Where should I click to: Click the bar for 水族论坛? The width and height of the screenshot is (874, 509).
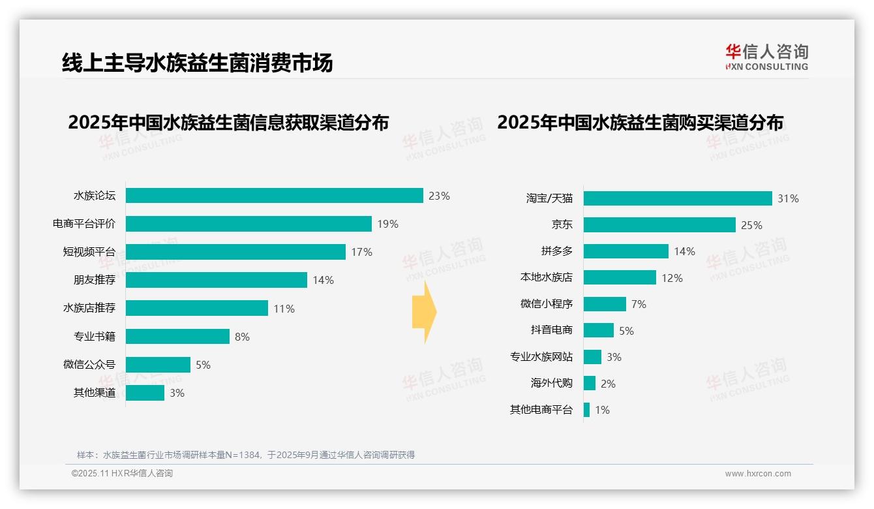click(274, 196)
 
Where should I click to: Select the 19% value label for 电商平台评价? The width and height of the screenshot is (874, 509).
click(387, 224)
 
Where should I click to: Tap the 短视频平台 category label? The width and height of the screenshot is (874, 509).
click(89, 252)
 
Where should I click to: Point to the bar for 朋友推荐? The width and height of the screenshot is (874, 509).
click(216, 280)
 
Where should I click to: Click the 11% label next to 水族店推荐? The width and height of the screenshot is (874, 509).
click(284, 309)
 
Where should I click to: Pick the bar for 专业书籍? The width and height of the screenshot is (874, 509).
click(177, 337)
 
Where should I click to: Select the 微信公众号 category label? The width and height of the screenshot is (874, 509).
click(89, 365)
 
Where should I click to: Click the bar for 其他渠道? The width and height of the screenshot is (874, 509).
click(145, 393)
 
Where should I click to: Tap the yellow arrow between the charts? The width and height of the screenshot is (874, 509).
click(424, 312)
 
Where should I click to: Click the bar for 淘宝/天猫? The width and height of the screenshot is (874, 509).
click(678, 198)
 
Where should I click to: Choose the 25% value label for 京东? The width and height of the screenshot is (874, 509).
click(751, 225)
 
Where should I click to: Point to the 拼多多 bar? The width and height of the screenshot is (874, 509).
click(626, 251)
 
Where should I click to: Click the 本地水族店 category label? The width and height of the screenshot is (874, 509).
click(546, 277)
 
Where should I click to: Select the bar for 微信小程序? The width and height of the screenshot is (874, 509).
click(605, 304)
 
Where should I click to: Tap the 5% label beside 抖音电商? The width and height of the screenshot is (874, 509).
click(626, 331)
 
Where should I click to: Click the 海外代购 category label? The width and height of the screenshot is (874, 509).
click(551, 383)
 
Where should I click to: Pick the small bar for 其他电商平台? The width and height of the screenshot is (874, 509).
click(586, 410)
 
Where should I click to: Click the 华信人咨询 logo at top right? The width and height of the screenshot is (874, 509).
click(766, 57)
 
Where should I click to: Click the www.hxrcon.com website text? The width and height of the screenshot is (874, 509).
click(758, 474)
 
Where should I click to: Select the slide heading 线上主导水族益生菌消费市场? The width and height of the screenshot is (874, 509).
click(197, 63)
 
